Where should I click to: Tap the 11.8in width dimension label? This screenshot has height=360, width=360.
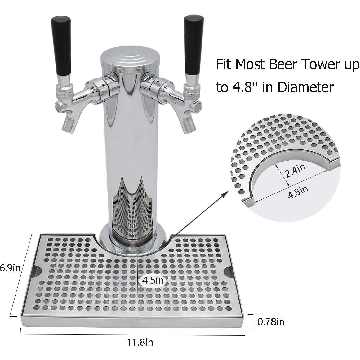(x=140, y=343)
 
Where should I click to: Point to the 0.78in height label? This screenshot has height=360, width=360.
(x=270, y=322)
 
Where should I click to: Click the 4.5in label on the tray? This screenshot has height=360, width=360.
(x=153, y=281)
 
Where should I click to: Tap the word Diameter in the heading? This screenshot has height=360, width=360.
(x=305, y=87)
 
